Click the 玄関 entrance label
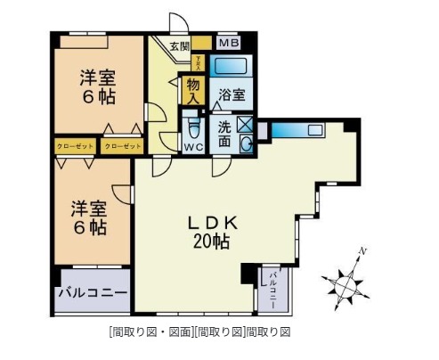178,45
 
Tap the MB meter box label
228,42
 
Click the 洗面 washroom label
224,134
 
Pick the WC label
193,145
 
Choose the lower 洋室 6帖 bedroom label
89,217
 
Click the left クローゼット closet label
72,145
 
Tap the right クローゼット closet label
122,145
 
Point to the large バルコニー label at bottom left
92,292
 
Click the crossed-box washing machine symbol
245,124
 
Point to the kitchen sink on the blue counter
316,131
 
